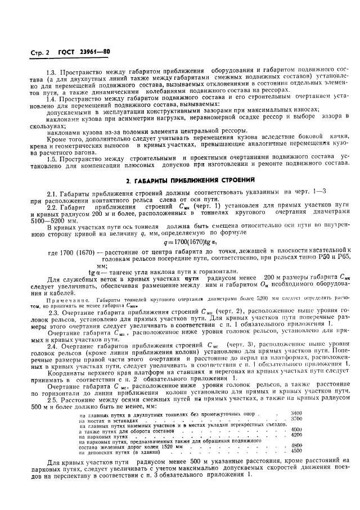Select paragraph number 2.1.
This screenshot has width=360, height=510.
coord(53,193)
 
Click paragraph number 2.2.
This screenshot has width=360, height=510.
coord(53,206)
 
